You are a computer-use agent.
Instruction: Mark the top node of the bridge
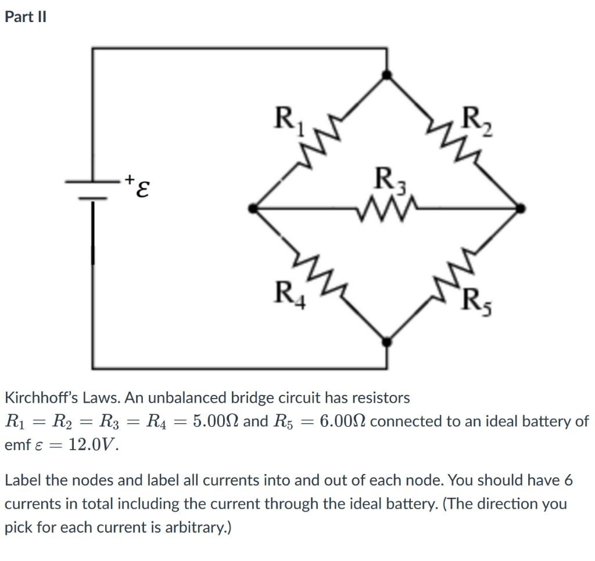click(x=388, y=74)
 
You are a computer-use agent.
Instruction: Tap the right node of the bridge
click(x=521, y=208)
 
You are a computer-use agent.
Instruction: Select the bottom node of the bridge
click(x=388, y=342)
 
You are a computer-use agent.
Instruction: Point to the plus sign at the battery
click(x=131, y=175)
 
